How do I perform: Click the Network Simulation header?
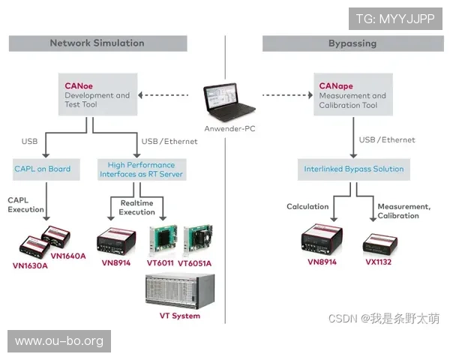tap(97, 43)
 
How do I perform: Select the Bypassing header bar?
tap(352, 43)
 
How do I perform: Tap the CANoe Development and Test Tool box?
tap(97, 95)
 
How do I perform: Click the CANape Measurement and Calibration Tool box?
tap(352, 95)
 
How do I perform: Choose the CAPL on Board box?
tap(43, 169)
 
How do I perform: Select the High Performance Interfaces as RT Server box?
tap(141, 169)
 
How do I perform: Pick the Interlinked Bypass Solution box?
tap(354, 169)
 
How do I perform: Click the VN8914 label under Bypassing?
tap(322, 262)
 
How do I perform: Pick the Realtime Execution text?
tap(136, 207)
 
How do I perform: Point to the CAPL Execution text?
tap(27, 205)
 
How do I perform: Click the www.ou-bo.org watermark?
tap(59, 341)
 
